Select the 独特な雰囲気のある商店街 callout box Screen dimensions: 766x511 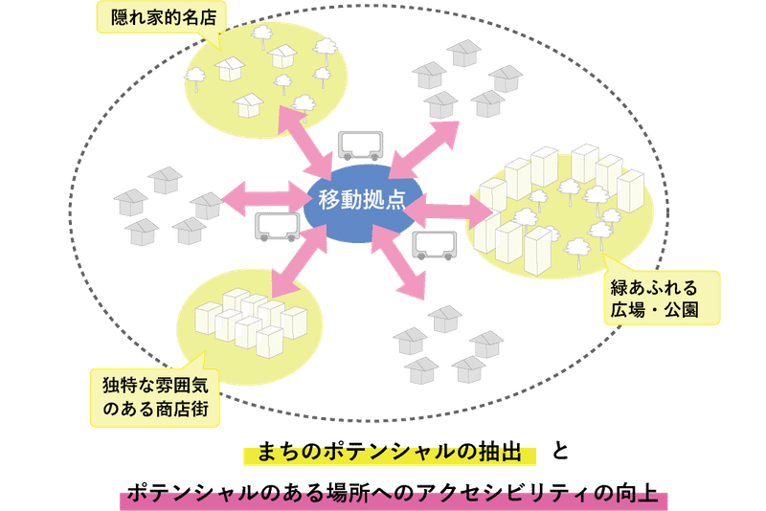[155, 397]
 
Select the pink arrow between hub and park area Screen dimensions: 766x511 [448, 211]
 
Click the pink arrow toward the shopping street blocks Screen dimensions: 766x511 [299, 261]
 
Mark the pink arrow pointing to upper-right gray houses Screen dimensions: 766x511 [424, 150]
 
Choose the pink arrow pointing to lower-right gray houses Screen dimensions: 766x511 [398, 262]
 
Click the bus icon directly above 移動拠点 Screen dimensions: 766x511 [361, 145]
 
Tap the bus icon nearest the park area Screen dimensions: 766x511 [435, 246]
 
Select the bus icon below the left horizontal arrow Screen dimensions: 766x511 [277, 227]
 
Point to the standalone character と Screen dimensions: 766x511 [560, 451]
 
